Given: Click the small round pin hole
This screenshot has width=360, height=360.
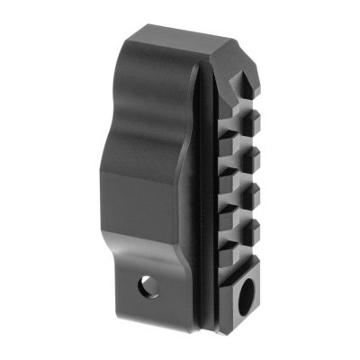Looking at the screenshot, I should (x=147, y=288).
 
